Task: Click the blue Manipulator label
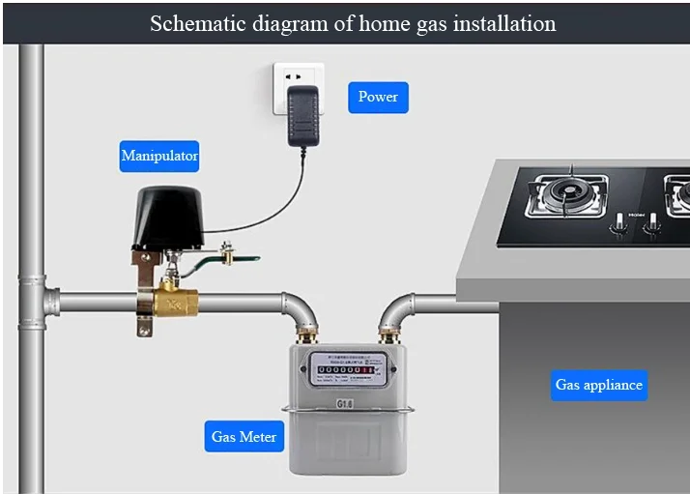click(159, 156)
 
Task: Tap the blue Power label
click(378, 97)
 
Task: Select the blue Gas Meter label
click(244, 437)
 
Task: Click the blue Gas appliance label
click(598, 385)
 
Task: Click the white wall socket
click(299, 86)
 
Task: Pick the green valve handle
click(247, 258)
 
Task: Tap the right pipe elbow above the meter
click(397, 309)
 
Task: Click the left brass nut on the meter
click(310, 337)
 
